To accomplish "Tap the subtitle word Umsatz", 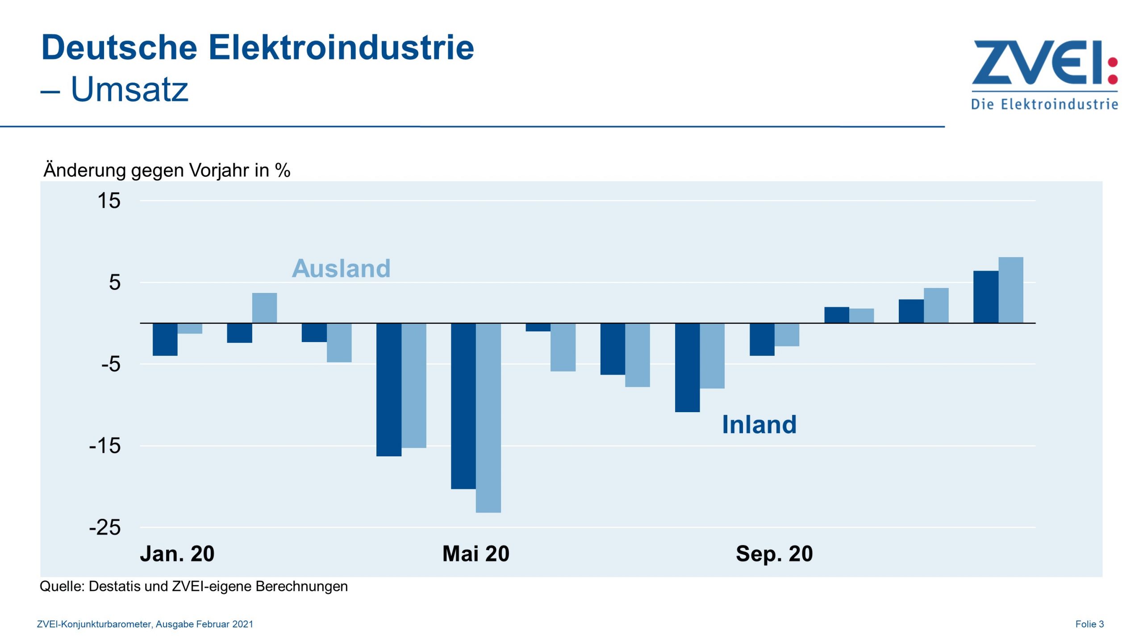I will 129,89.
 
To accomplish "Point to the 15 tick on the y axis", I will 109,200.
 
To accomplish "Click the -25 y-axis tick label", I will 105,527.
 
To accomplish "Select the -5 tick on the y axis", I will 111,364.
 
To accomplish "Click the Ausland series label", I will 341,268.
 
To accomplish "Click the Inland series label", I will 759,424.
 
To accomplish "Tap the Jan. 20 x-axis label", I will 177,554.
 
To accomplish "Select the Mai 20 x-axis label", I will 476,554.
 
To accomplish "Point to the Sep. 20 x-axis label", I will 774,554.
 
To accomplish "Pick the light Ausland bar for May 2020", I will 488,418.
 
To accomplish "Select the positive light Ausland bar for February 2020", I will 264,308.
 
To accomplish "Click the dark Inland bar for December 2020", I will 985,296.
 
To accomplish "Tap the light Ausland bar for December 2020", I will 1011,290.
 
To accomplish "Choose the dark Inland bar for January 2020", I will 165,339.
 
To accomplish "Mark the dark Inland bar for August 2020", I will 687,367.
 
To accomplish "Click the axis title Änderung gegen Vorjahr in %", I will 167,170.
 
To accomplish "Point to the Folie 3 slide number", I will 1089,624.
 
